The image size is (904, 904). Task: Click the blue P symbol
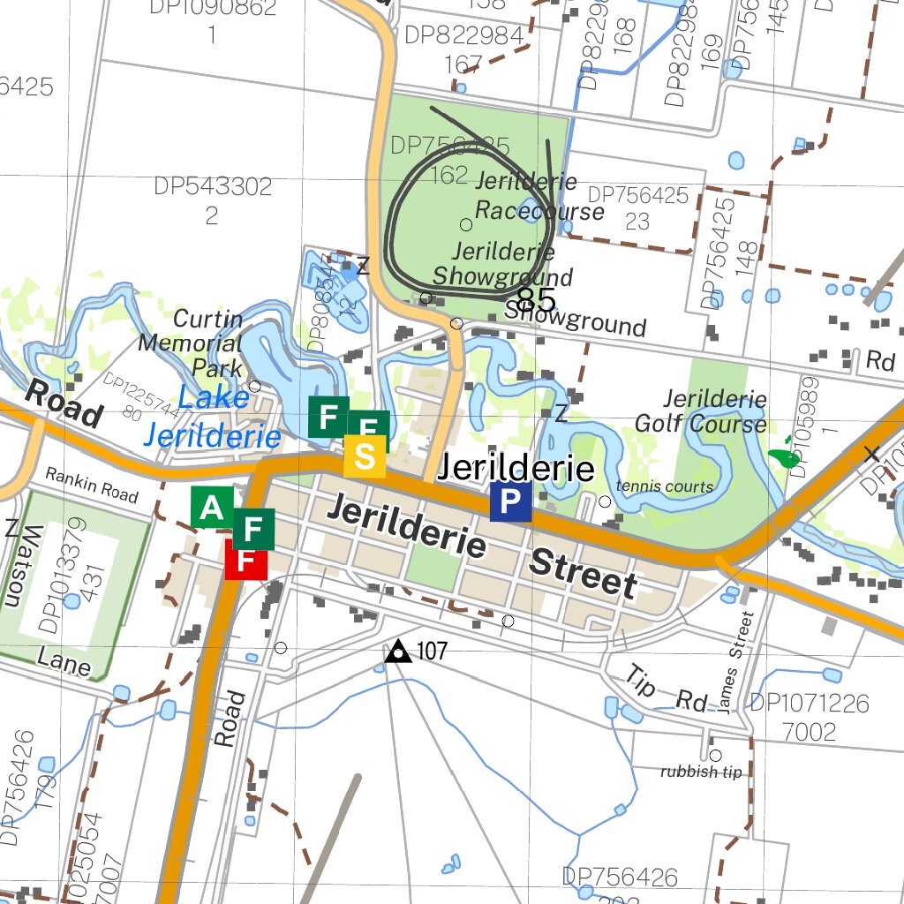[510, 501]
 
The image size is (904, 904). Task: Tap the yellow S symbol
[365, 457]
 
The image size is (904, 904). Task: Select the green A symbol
[212, 508]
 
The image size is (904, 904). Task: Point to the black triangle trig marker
[398, 652]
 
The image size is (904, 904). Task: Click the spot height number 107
[432, 652]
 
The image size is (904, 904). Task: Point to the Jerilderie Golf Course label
[714, 411]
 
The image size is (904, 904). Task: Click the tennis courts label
[665, 486]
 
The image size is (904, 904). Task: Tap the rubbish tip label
[702, 772]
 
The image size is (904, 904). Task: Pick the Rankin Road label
[92, 485]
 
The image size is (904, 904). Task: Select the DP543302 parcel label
[213, 187]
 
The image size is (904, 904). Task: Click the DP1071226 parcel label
[809, 704]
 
